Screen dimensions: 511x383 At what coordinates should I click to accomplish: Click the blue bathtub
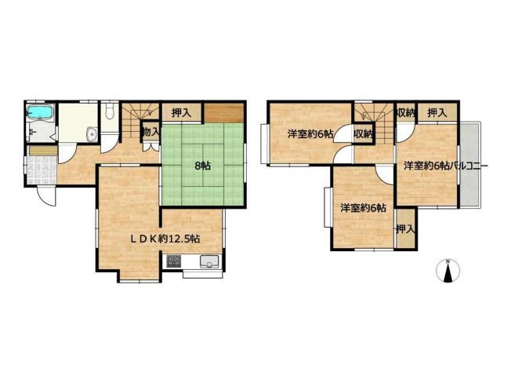[41, 113]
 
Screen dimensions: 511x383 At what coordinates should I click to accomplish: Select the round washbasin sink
[92, 135]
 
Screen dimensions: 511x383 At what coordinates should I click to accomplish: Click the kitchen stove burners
[174, 261]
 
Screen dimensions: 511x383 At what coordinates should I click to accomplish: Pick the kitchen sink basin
[209, 261]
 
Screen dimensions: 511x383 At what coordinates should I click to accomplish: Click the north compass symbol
[448, 271]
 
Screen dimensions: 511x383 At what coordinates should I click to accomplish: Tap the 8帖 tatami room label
[202, 166]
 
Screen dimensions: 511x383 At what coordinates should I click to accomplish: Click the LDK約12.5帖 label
[165, 239]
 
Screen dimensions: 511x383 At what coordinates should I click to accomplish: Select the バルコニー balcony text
[469, 166]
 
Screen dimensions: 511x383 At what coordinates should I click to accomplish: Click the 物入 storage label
[151, 132]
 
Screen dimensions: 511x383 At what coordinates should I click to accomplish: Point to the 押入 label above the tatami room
[181, 113]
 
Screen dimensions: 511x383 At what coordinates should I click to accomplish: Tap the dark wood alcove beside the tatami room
[224, 113]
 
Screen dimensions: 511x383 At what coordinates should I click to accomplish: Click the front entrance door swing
[46, 196]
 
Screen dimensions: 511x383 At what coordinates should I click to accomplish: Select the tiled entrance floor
[41, 170]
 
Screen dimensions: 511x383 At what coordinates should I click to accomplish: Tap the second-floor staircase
[375, 123]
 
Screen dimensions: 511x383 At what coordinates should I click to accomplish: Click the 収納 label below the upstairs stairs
[364, 133]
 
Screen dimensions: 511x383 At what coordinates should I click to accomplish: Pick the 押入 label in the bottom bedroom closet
[405, 229]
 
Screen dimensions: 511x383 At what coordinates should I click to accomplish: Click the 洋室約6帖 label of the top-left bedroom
[310, 133]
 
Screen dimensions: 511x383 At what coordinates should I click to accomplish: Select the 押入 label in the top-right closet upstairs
[437, 113]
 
